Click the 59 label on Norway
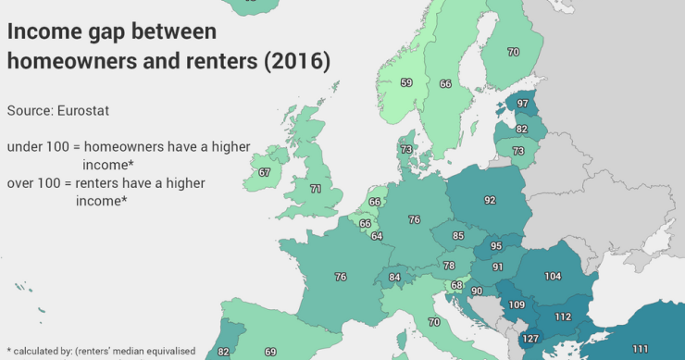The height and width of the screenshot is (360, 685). pos(406,82)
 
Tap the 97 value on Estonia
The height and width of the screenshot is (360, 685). pos(522,103)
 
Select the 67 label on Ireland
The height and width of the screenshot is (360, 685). pos(265,172)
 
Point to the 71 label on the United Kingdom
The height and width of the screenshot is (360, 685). pos(316,189)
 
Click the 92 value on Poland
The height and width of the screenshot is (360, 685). pos(490,199)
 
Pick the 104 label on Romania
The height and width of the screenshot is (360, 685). pos(553,277)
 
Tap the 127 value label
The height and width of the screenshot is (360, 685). pos(529,338)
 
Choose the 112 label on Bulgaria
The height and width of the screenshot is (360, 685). pos(562,317)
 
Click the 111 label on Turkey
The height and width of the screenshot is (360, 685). pos(640,348)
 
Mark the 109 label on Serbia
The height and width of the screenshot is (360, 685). pos(517,304)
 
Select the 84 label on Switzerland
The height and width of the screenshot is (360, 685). pos(394,277)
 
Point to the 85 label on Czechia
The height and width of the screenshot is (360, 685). pos(457,236)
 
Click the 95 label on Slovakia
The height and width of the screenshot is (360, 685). pos(496,246)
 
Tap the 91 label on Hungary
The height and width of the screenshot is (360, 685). pos(497,267)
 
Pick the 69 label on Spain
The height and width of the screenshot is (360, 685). pos(270,352)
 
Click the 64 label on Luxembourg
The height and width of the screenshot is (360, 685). pos(376,236)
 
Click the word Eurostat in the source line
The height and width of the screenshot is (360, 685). pos(84,111)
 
